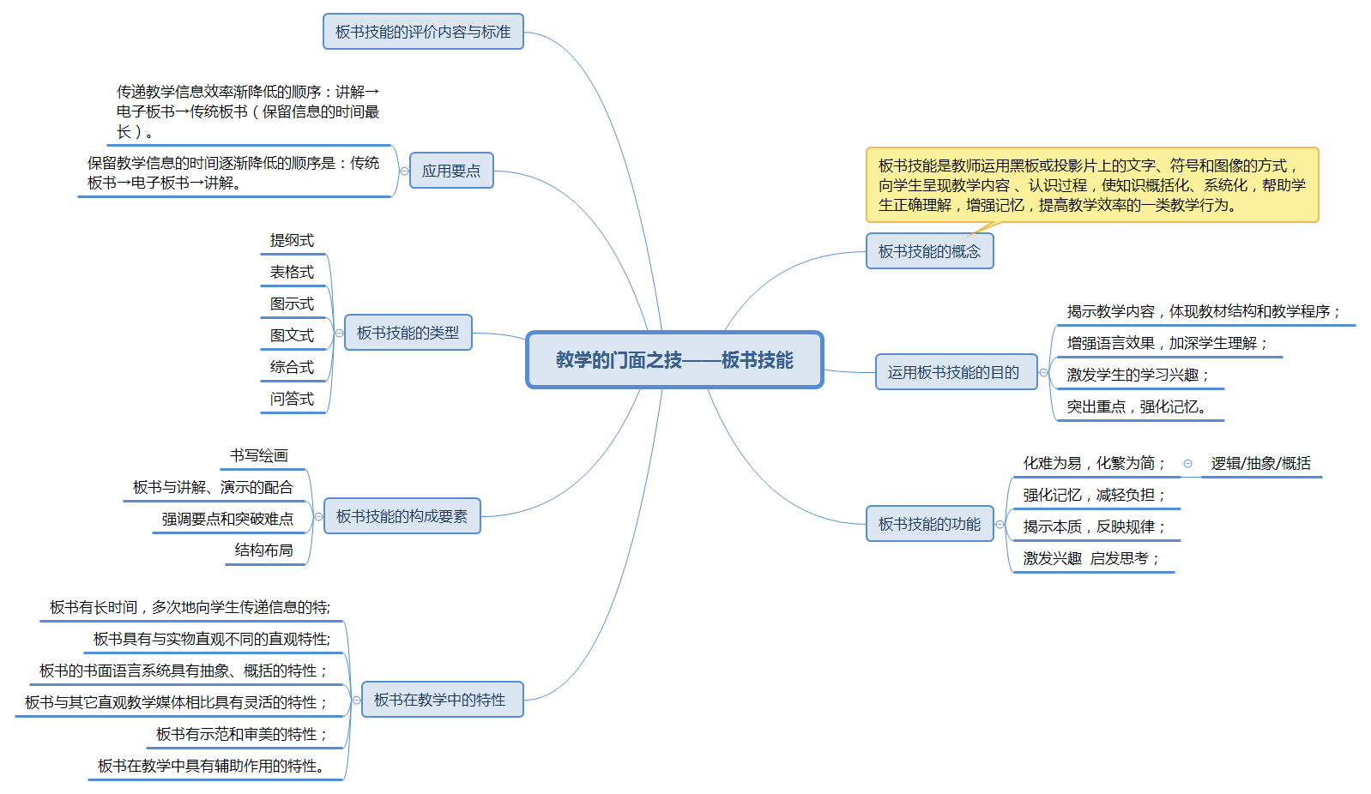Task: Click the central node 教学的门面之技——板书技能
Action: [674, 360]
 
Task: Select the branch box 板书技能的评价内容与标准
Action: [423, 32]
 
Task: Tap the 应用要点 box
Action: [451, 171]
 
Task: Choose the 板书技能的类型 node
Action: [408, 333]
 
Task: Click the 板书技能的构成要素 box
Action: [402, 516]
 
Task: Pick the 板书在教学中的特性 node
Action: [440, 700]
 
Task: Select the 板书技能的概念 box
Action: [929, 251]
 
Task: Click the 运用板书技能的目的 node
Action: [953, 372]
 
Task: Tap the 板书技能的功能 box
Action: [929, 524]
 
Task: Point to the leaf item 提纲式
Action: [292, 241]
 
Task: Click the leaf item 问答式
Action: [292, 400]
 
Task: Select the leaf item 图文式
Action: [292, 336]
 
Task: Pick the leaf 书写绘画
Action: [259, 456]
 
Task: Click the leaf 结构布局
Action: [264, 550]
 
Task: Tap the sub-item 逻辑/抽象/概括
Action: [1260, 464]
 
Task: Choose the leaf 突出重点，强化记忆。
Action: [1136, 407]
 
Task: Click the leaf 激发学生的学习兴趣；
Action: [1138, 376]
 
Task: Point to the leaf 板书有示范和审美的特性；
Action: [241, 735]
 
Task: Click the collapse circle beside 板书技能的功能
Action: [1000, 525]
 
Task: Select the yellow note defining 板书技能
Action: [1091, 185]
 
